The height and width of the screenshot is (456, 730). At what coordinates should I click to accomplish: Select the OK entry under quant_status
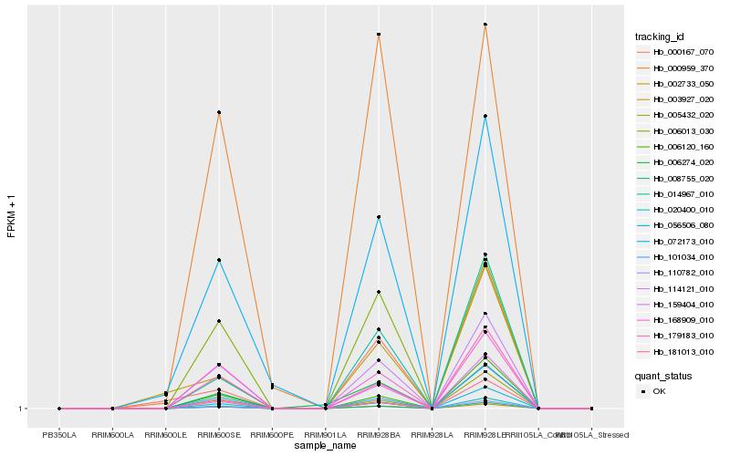coord(659,390)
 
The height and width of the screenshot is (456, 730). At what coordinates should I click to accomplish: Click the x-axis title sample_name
coord(325,445)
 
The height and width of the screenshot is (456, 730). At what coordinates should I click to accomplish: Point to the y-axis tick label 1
coord(22,409)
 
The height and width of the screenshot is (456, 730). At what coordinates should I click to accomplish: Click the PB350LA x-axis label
coord(59,435)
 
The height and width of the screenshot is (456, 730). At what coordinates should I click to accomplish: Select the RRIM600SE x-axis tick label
coord(219,435)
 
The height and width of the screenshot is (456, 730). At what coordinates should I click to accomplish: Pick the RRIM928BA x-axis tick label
coord(378,435)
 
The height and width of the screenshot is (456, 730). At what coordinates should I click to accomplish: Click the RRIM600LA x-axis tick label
coord(112,435)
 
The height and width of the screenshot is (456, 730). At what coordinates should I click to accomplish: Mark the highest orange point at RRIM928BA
coord(378,35)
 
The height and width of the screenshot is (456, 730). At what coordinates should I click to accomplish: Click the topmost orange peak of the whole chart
coord(485,25)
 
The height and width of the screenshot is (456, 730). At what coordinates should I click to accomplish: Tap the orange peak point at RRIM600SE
coord(219,112)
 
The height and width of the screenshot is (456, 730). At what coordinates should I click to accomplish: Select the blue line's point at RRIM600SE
coord(219,261)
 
